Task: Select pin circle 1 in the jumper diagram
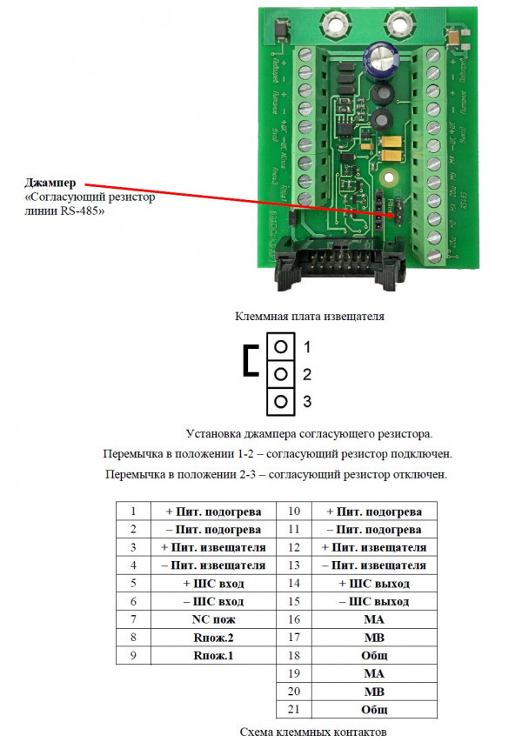[280, 346]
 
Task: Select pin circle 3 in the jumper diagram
[280, 402]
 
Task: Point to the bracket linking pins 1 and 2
[251, 360]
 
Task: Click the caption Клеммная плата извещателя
[309, 317]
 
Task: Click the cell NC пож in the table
[213, 619]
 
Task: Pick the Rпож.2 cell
[213, 638]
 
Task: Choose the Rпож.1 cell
[213, 655]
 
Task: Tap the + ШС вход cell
[213, 583]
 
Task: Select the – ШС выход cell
[373, 601]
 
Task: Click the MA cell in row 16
[373, 619]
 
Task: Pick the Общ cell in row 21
[373, 710]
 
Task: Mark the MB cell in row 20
[373, 692]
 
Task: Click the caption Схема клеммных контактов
[311, 732]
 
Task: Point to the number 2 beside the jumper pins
[306, 374]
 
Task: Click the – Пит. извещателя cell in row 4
[213, 565]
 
